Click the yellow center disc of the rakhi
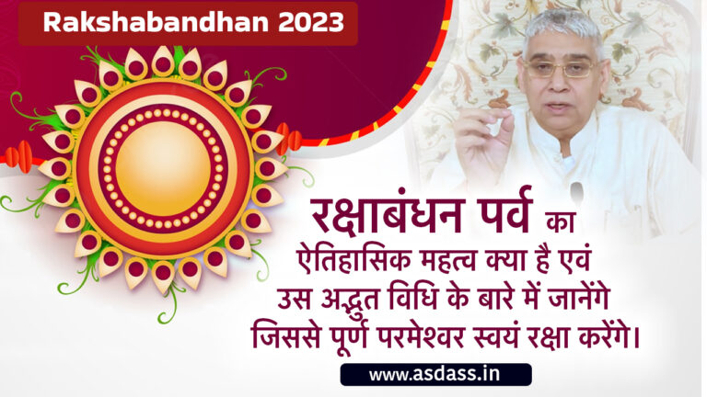(x=163, y=166)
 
